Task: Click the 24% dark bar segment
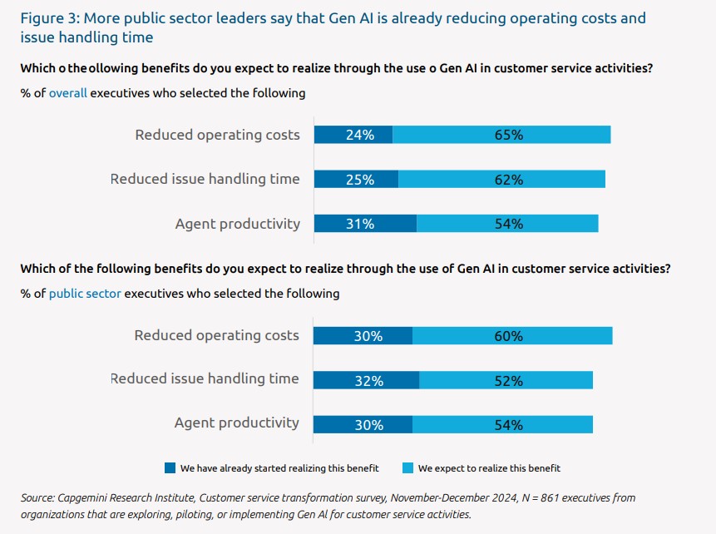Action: (353, 135)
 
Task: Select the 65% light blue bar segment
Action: (501, 135)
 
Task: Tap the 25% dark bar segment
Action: (356, 179)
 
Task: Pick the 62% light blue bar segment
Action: (501, 179)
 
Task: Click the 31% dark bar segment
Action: (365, 223)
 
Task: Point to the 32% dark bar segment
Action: (367, 380)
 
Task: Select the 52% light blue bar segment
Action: (506, 380)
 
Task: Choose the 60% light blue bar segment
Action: (511, 335)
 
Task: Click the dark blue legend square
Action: (170, 467)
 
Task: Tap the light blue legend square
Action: (407, 467)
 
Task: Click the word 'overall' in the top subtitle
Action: (68, 93)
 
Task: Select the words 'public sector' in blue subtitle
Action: (85, 293)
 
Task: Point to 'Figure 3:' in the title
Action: (49, 17)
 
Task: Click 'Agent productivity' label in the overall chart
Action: (237, 223)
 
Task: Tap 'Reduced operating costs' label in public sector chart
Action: (216, 335)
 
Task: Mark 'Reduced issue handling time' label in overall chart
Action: (205, 179)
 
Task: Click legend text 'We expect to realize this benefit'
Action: (489, 467)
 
